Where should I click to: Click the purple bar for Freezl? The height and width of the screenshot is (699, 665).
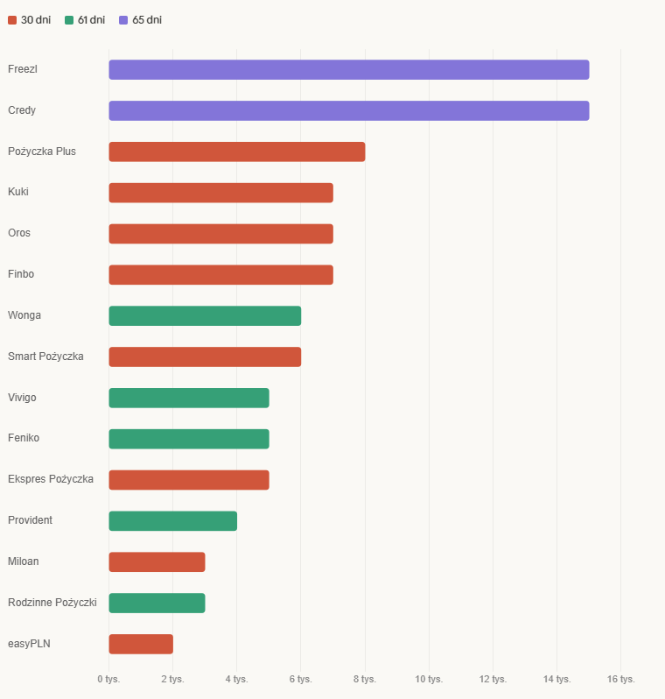(348, 70)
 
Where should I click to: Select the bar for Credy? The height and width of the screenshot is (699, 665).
(348, 111)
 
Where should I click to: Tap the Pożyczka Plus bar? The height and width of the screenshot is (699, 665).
(236, 152)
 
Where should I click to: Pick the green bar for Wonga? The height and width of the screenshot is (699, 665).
(205, 316)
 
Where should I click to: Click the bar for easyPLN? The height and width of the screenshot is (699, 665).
(141, 644)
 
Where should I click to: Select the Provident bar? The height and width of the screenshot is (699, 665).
(172, 521)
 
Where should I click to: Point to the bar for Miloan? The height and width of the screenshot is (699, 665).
(157, 562)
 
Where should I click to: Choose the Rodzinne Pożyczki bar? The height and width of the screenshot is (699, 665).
(157, 603)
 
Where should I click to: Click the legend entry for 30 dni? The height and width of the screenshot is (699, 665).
(30, 20)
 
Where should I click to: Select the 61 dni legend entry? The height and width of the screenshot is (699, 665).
(86, 20)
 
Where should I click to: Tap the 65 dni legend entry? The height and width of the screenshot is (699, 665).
(140, 20)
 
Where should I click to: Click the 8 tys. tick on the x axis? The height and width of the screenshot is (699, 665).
(365, 679)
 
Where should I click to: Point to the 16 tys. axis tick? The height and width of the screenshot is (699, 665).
(620, 679)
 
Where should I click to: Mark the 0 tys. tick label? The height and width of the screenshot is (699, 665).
(108, 679)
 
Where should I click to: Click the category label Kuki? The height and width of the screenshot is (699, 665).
(18, 192)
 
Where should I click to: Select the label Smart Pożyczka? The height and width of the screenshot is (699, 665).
(45, 357)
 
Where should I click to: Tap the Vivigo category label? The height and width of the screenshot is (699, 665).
(22, 398)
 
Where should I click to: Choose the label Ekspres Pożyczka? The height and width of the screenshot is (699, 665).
(51, 479)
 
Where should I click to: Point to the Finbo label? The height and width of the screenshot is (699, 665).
(21, 274)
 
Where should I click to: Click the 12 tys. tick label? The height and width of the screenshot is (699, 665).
(493, 679)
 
